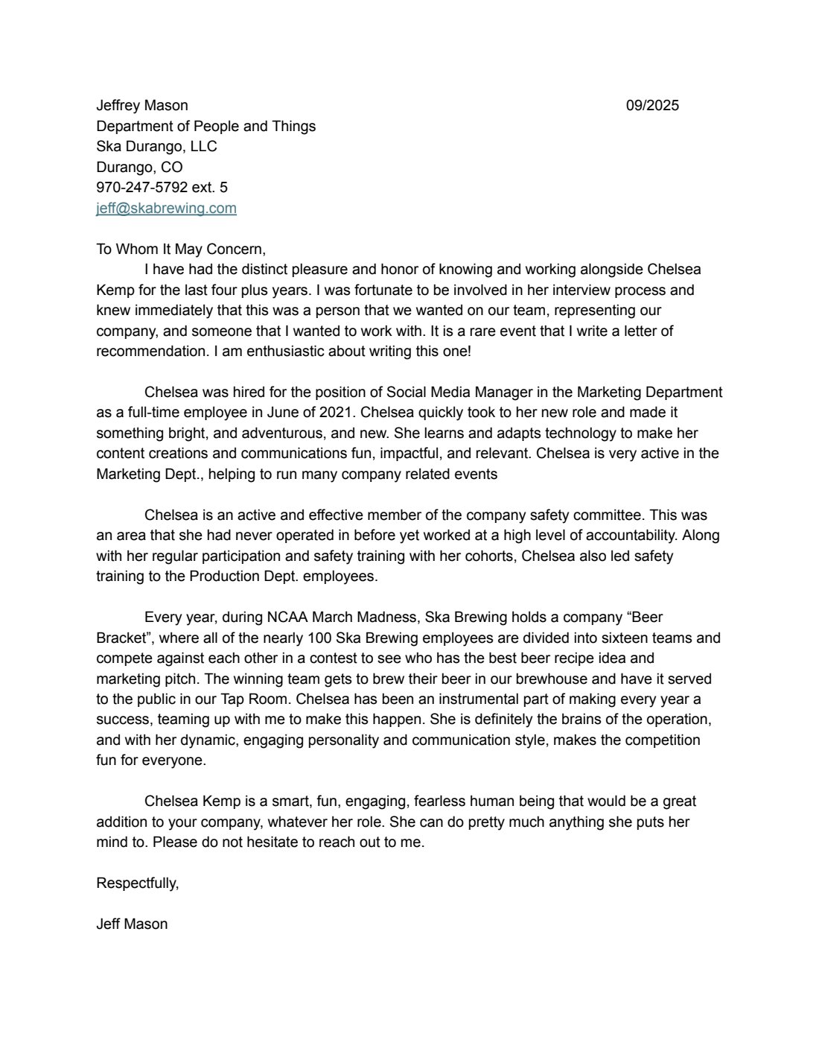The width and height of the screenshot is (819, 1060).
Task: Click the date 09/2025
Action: point(652,106)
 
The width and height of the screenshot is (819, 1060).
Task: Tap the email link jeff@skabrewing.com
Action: point(166,209)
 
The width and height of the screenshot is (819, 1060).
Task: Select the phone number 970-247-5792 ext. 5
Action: point(162,188)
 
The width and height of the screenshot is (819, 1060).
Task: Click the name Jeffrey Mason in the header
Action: point(141,106)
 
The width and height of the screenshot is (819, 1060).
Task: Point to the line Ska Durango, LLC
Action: point(156,147)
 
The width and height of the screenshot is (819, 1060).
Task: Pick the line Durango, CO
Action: point(139,168)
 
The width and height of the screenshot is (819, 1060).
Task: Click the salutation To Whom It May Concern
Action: point(181,250)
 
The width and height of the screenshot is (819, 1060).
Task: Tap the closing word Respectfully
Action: point(138,883)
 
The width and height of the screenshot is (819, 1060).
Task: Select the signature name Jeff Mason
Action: point(132,924)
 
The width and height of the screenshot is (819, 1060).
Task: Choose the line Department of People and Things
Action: point(205,127)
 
